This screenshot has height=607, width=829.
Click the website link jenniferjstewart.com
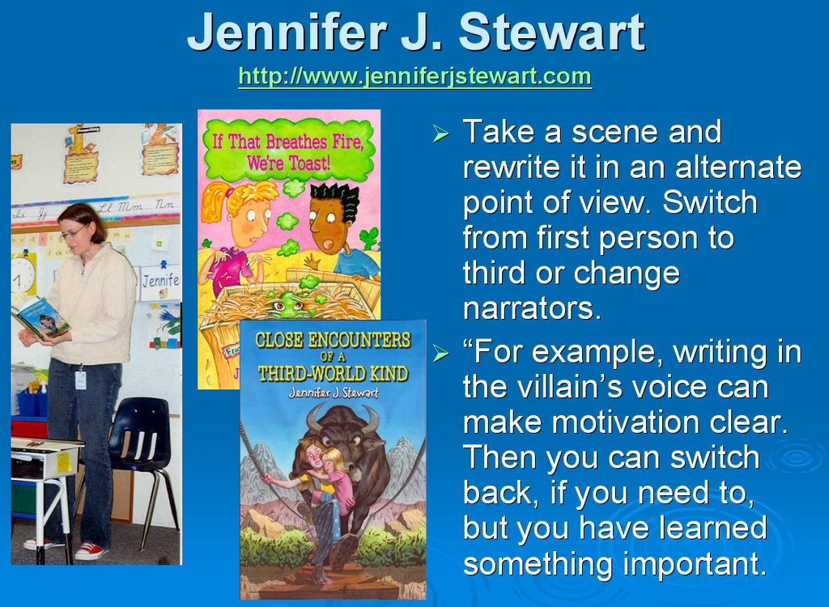click(415, 76)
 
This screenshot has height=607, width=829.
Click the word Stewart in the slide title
click(551, 32)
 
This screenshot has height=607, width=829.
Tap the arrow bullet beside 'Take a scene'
click(440, 134)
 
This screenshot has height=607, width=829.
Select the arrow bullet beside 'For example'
click(440, 353)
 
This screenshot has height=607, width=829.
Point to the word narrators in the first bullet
click(532, 308)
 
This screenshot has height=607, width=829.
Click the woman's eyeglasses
click(74, 231)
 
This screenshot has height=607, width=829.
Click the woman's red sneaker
click(90, 551)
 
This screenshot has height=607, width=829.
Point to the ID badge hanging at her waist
click(80, 380)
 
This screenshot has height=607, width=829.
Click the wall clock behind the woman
click(22, 275)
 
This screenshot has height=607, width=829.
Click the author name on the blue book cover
click(333, 393)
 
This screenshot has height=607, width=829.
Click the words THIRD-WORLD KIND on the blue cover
click(333, 374)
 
